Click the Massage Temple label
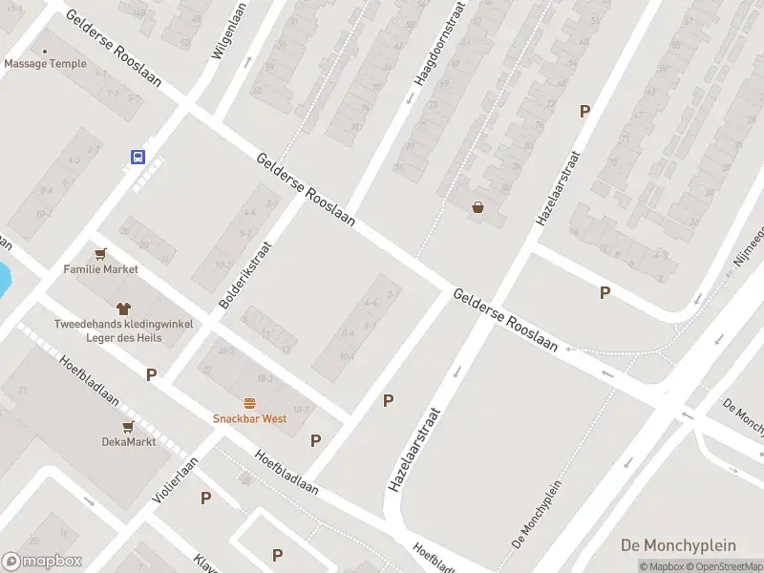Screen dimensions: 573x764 pyautogui.click(x=45, y=64)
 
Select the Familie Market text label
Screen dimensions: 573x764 pyautogui.click(x=101, y=269)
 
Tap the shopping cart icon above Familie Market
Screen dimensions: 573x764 pyautogui.click(x=101, y=253)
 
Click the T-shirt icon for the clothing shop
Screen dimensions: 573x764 pyautogui.click(x=123, y=308)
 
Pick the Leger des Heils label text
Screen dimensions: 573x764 pyautogui.click(x=123, y=337)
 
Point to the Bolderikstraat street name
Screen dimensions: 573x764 pyautogui.click(x=245, y=274)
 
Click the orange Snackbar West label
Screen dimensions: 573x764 pyautogui.click(x=249, y=418)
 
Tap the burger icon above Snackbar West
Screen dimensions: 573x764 pyautogui.click(x=250, y=403)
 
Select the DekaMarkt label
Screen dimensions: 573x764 pyautogui.click(x=128, y=441)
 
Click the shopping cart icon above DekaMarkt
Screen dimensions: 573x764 pyautogui.click(x=128, y=426)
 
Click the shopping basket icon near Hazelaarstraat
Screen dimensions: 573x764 pyautogui.click(x=477, y=207)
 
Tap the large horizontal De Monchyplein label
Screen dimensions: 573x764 pyautogui.click(x=678, y=545)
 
